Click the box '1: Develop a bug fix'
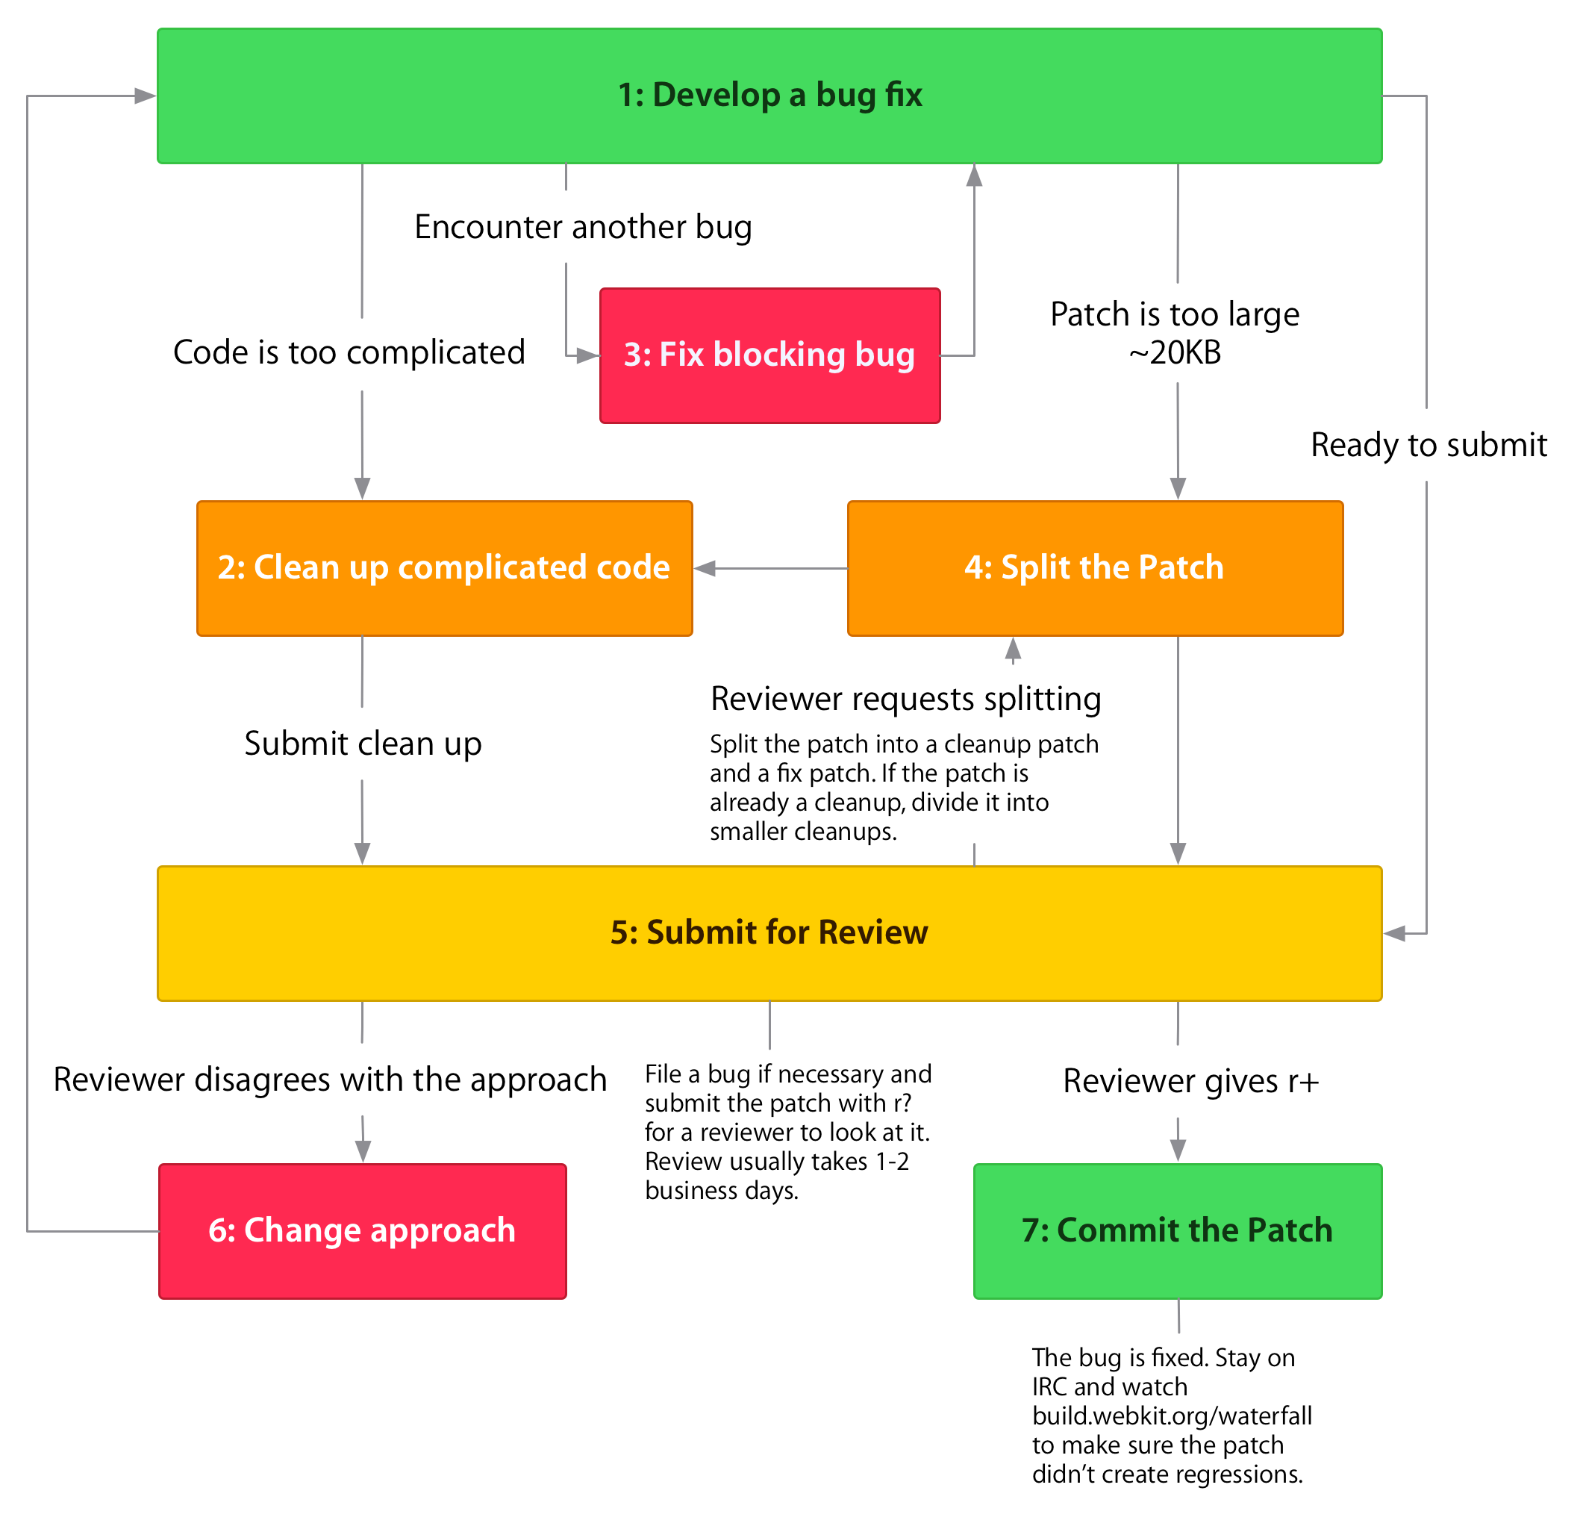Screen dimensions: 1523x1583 pyautogui.click(x=769, y=96)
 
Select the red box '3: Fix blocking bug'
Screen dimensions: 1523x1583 pyautogui.click(x=769, y=355)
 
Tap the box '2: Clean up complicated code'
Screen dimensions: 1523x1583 pyautogui.click(x=444, y=568)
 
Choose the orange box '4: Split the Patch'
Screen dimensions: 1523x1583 pyautogui.click(x=1094, y=568)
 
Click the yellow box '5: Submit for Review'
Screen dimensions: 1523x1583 pyautogui.click(x=769, y=933)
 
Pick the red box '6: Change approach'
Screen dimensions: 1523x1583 pyautogui.click(x=362, y=1230)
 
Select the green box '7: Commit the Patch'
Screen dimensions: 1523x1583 pyautogui.click(x=1177, y=1230)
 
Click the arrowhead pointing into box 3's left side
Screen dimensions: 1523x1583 pyautogui.click(x=588, y=355)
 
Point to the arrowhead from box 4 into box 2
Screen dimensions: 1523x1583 pyautogui.click(x=705, y=568)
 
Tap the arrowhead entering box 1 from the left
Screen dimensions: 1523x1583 pyautogui.click(x=146, y=96)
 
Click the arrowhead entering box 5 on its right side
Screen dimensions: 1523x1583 pyautogui.click(x=1395, y=933)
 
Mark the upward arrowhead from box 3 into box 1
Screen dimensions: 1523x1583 pyautogui.click(x=974, y=175)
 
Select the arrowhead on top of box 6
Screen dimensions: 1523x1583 pyautogui.click(x=363, y=1151)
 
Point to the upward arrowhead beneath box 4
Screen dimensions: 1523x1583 pyautogui.click(x=1013, y=649)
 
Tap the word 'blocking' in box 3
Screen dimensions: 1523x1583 pyautogui.click(x=778, y=355)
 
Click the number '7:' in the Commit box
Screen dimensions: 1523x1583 pyautogui.click(x=1034, y=1230)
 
